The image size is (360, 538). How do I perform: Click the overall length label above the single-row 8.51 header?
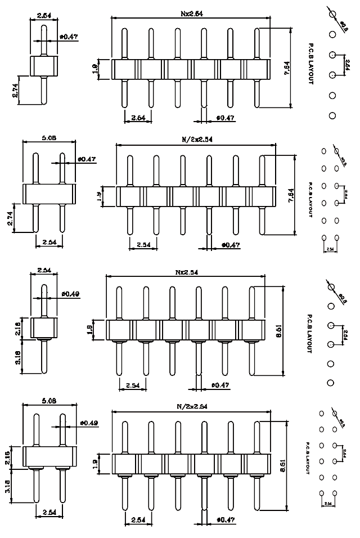pyautogui.click(x=186, y=272)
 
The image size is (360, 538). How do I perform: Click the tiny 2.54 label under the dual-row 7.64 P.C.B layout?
pyautogui.click(x=330, y=248)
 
